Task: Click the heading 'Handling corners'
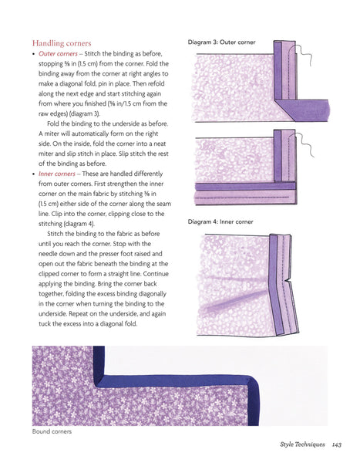coord(62,43)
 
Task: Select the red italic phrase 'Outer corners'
coord(58,54)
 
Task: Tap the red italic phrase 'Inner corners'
coord(57,174)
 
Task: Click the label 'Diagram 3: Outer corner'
coord(221,42)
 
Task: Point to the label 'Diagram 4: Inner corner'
coord(220,221)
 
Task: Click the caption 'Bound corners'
coord(52,431)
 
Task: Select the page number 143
coord(337,444)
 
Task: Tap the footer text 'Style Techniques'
coord(302,444)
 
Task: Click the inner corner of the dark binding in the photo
coord(99,382)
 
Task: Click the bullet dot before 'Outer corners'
coord(34,54)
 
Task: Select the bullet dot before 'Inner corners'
coord(34,174)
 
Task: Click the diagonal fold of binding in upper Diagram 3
coord(284,110)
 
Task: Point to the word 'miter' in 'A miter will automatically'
coord(52,133)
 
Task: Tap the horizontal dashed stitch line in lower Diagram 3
coord(242,197)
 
